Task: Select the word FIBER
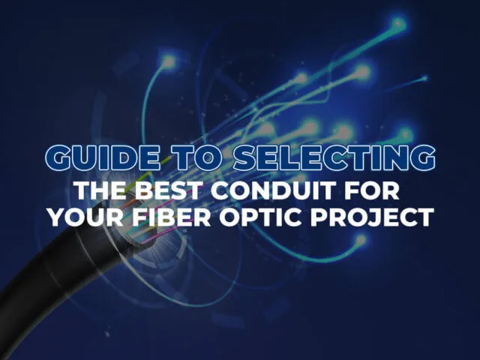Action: point(165,217)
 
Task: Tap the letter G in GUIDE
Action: point(57,158)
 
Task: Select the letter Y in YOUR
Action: point(55,217)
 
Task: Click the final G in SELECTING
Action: point(421,158)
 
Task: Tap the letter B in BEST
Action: point(145,189)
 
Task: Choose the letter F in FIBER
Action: point(131,217)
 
